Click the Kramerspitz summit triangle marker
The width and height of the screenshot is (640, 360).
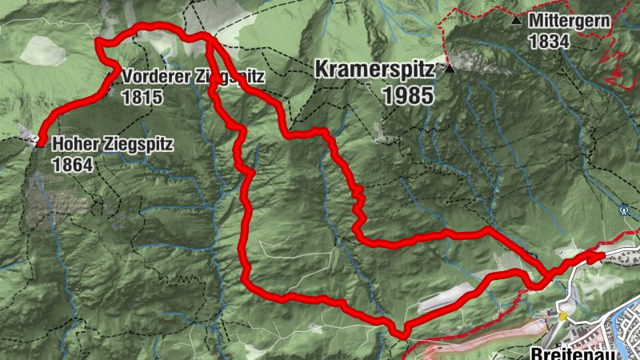tap(450, 70)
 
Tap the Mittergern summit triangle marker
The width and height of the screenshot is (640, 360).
tap(517, 19)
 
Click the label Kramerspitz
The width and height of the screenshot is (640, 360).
tap(374, 70)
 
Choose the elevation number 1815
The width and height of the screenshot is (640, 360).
tap(142, 98)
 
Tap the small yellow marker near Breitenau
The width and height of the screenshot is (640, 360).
tap(563, 315)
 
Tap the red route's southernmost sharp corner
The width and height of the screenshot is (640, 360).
tap(399, 332)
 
